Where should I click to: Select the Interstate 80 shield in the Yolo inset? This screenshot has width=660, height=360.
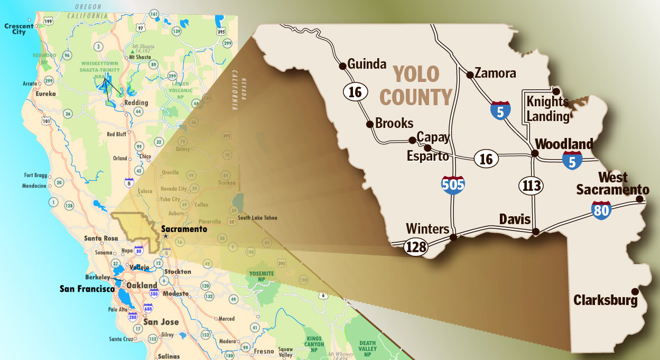tap(602, 210)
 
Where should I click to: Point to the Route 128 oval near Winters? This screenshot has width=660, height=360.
tap(415, 247)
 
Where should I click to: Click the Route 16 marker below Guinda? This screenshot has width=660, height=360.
tap(355, 93)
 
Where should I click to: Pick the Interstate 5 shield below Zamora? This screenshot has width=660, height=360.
tap(500, 109)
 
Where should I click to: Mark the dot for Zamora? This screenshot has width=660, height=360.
tap(470, 75)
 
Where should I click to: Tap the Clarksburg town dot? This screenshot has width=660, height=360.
tap(634, 291)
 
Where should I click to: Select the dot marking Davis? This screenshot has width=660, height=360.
tap(536, 231)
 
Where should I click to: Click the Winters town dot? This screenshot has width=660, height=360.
tap(452, 237)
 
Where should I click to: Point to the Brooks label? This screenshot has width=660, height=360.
tap(394, 123)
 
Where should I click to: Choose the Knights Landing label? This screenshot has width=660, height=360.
tap(547, 109)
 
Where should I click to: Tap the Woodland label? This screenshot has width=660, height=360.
tap(564, 144)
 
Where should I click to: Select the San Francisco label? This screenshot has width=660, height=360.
tap(87, 289)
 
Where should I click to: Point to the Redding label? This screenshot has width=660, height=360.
tap(135, 103)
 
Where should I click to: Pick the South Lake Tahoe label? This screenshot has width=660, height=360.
tap(257, 218)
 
